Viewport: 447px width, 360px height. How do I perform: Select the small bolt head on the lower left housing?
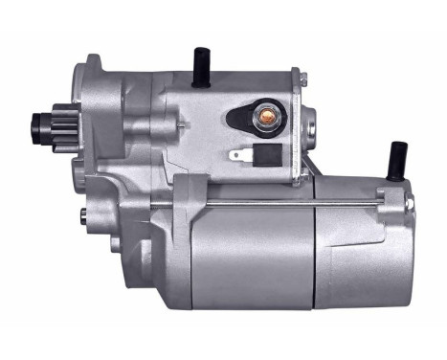point(86,211)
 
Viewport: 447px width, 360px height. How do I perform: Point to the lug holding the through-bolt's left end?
point(188,196)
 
